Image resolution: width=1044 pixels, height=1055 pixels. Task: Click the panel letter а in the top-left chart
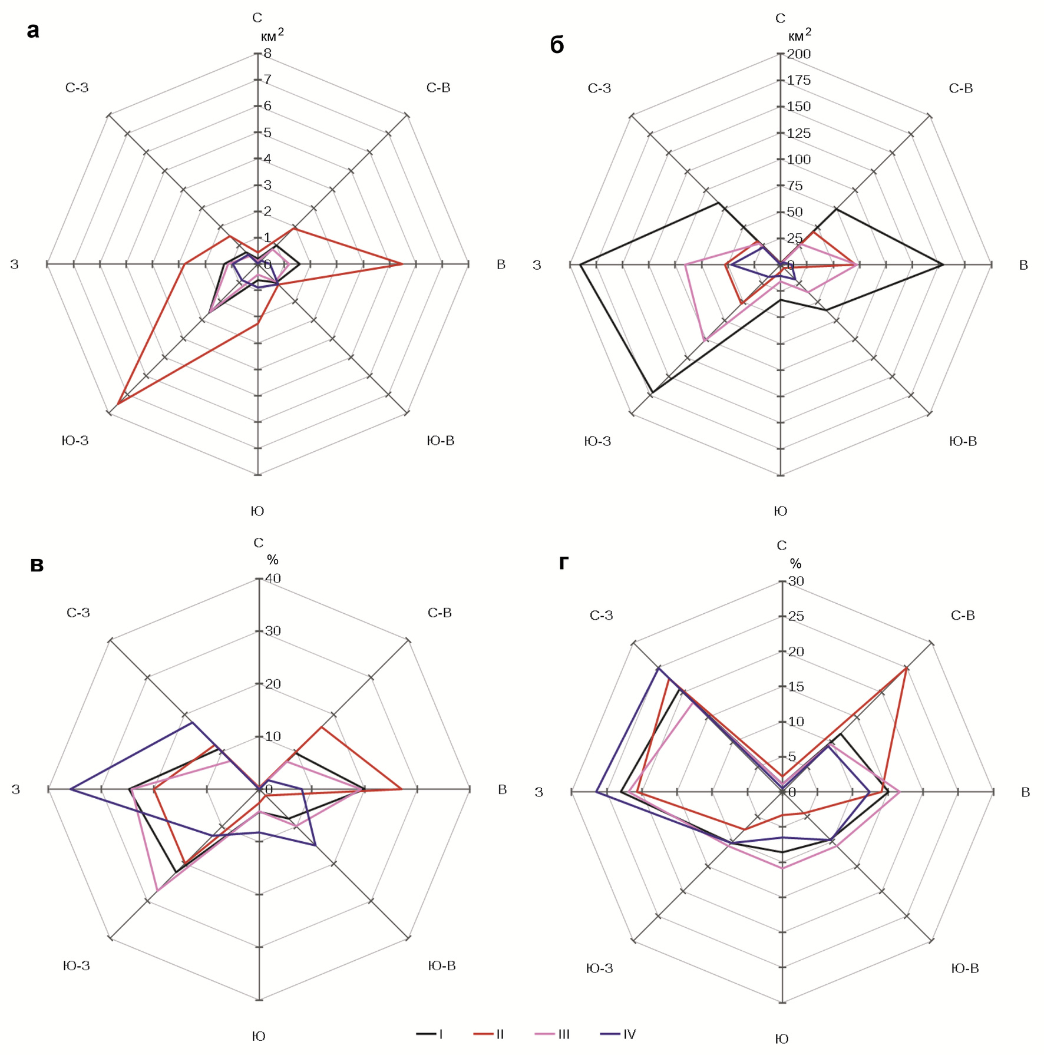(x=33, y=31)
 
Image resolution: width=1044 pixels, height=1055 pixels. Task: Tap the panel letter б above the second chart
(x=557, y=45)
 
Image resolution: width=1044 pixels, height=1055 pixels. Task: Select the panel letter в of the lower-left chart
(x=37, y=565)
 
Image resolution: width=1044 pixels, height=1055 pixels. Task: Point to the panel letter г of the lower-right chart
(x=563, y=563)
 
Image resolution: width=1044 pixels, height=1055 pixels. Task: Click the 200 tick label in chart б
(x=799, y=54)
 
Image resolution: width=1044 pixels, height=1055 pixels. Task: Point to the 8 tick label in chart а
(x=267, y=54)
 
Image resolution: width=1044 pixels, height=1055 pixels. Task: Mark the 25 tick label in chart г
(x=796, y=616)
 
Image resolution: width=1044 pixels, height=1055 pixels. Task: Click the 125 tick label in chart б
(x=799, y=133)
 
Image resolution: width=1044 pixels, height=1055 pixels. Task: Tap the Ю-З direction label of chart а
(x=75, y=441)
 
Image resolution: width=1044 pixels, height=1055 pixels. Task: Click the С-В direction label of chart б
(x=960, y=88)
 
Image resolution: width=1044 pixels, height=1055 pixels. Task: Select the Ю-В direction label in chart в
(x=442, y=965)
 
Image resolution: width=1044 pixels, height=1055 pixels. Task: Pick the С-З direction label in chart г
(x=601, y=616)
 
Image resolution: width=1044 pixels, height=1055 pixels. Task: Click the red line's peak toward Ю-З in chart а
(x=118, y=404)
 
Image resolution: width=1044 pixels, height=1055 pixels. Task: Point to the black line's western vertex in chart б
(x=580, y=265)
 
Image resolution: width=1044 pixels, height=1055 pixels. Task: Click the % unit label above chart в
(x=272, y=560)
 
